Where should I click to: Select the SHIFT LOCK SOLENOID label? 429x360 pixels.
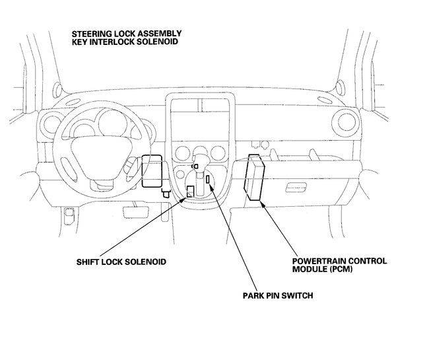coord(121,262)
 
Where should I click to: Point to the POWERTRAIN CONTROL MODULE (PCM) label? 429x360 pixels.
coord(339,265)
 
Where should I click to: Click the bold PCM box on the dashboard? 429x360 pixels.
coord(255,176)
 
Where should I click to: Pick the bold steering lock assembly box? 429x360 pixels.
coord(152,170)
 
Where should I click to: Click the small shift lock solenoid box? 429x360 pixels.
coord(190,192)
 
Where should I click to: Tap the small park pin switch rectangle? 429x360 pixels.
coord(207,179)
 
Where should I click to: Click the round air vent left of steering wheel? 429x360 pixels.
coord(50,124)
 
